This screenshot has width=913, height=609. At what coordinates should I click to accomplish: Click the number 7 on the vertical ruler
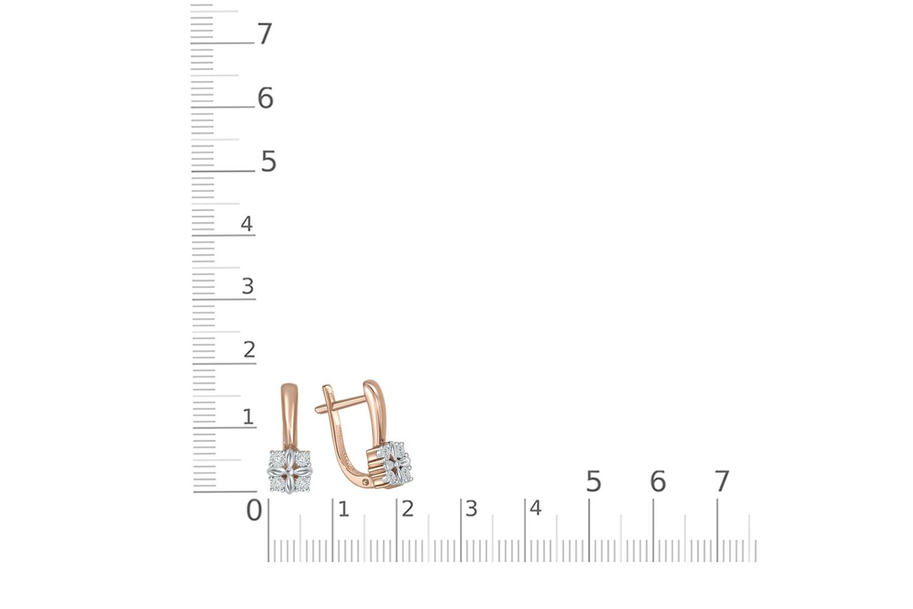click(x=265, y=33)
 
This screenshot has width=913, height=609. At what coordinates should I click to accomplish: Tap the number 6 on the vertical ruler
click(x=265, y=98)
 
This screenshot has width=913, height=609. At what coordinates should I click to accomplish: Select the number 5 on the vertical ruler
click(x=268, y=161)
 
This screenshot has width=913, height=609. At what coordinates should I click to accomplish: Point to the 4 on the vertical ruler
click(x=247, y=224)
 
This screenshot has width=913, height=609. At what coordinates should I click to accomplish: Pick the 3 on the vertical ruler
click(x=248, y=286)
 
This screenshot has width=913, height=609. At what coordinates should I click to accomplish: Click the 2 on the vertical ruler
click(x=250, y=350)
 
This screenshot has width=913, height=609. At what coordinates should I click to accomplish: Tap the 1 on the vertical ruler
click(x=248, y=417)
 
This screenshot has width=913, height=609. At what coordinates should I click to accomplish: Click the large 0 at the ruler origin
click(x=254, y=510)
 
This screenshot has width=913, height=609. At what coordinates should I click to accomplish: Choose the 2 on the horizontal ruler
click(x=408, y=509)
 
